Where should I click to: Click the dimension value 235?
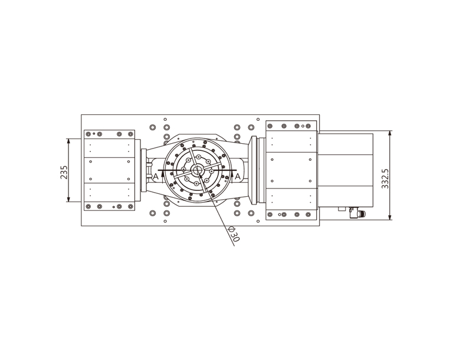tap(64, 172)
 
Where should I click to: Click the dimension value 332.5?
tap(385, 179)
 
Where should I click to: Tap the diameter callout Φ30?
tap(234, 234)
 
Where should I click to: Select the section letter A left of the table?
tap(156, 176)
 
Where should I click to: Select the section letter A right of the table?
tap(238, 176)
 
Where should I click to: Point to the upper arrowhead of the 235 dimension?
tap(68, 141)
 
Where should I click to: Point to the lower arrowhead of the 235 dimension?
tap(68, 199)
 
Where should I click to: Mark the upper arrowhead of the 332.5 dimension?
tap(390, 133)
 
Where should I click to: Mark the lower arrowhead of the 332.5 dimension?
tap(390, 217)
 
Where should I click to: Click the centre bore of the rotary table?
tap(198, 170)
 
